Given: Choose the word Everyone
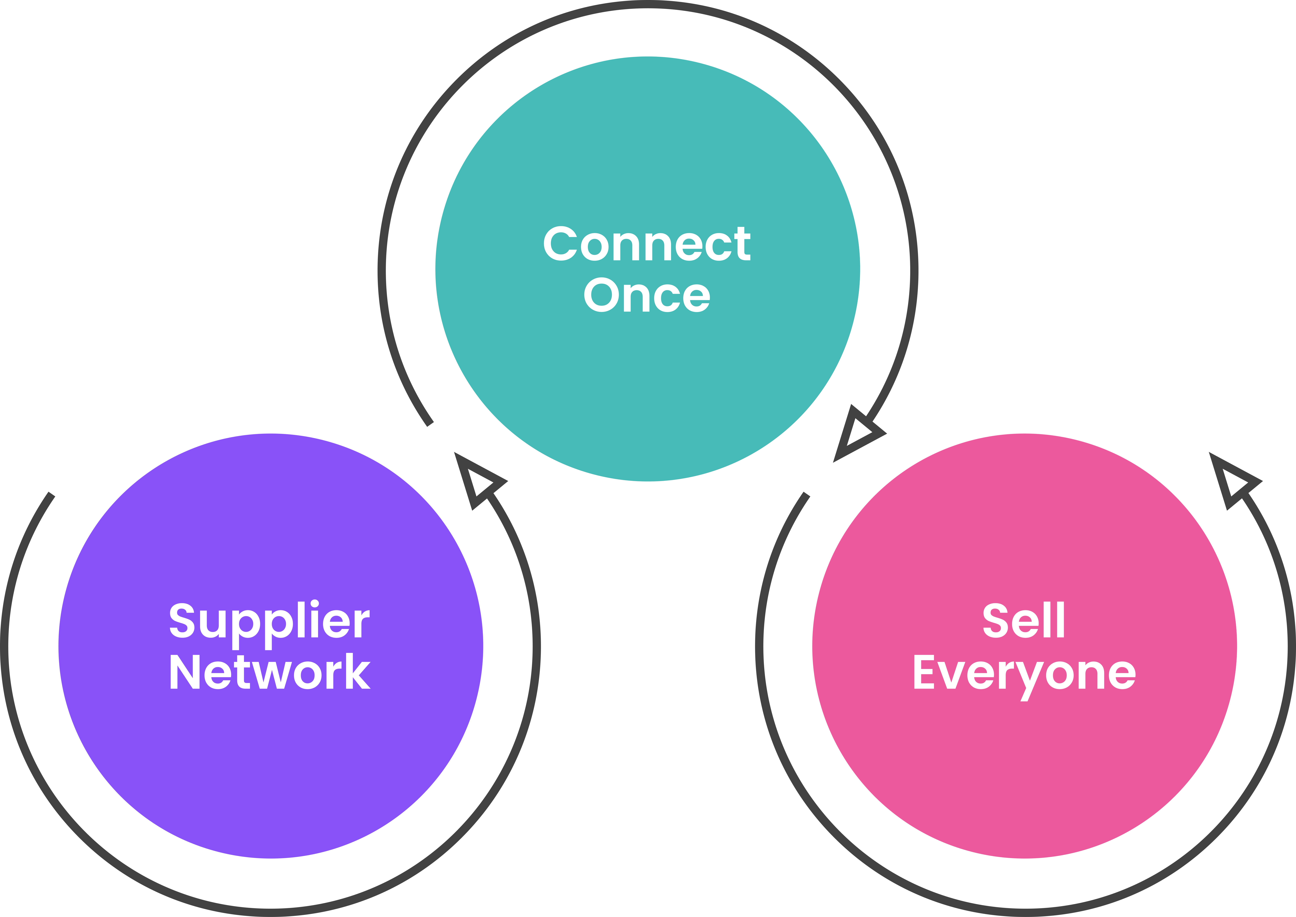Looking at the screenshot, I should point(1024,674).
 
